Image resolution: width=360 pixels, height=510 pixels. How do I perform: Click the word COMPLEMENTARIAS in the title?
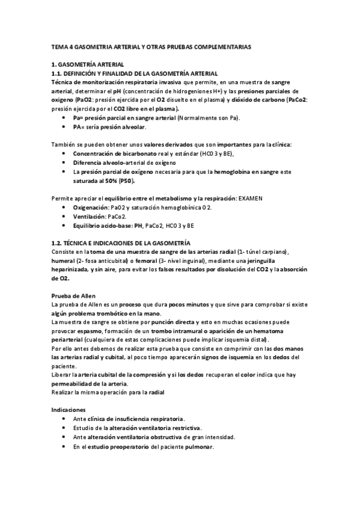click(x=220, y=46)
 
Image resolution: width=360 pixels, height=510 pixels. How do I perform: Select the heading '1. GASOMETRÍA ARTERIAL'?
click(x=88, y=64)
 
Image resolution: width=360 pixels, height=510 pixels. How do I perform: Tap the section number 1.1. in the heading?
click(x=58, y=72)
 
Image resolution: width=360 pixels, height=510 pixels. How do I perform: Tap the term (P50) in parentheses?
click(x=127, y=181)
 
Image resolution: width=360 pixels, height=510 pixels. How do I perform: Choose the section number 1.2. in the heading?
click(x=58, y=242)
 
